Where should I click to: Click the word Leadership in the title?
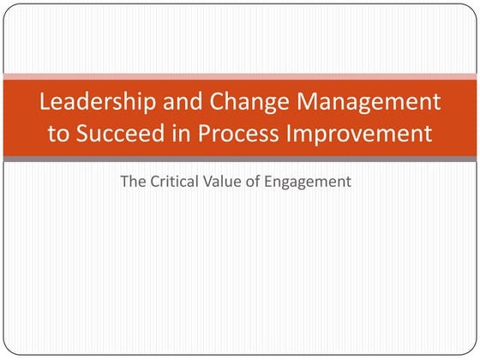pyautogui.click(x=98, y=102)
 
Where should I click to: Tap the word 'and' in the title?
pyautogui.click(x=183, y=101)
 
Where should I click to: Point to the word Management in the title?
pyautogui.click(x=369, y=102)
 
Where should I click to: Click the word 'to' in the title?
pyautogui.click(x=59, y=134)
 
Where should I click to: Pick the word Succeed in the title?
pyautogui.click(x=120, y=133)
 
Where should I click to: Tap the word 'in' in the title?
pyautogui.click(x=181, y=133)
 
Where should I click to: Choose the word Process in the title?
pyautogui.click(x=238, y=133)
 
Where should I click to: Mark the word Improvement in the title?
pyautogui.click(x=359, y=134)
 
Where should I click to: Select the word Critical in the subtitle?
pyautogui.click(x=174, y=181)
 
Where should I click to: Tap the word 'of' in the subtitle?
pyautogui.click(x=253, y=181)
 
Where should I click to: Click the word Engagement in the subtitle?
pyautogui.click(x=308, y=183)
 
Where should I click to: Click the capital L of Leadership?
pyautogui.click(x=45, y=101)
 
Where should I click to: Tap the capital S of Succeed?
pyautogui.click(x=82, y=133)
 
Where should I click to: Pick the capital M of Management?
pyautogui.click(x=307, y=101)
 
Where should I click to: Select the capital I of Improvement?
pyautogui.click(x=288, y=133)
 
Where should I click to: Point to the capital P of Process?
pyautogui.click(x=204, y=133)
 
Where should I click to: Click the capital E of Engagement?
pyautogui.click(x=268, y=181)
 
